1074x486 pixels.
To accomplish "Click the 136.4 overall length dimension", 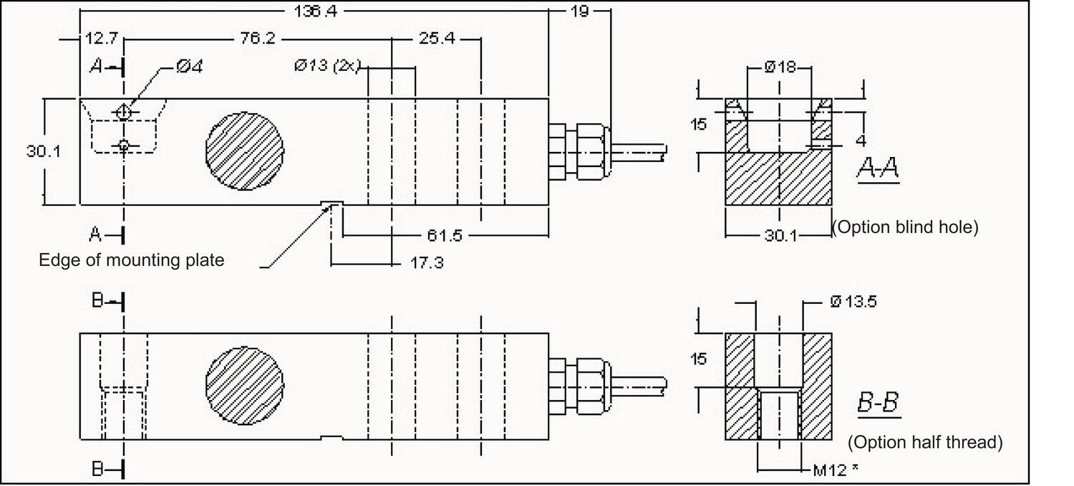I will (315, 11).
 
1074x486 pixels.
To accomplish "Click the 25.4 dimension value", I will (437, 39).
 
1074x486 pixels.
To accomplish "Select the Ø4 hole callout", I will (189, 66).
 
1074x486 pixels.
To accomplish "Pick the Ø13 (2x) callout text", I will (326, 66).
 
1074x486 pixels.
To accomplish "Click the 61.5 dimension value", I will (444, 234).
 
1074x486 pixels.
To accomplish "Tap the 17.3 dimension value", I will (427, 263).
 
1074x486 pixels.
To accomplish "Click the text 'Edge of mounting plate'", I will (131, 259).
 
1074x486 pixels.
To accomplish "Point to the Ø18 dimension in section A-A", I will (780, 67).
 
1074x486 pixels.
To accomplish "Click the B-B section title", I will (878, 404).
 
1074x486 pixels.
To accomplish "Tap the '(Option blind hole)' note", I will (905, 228).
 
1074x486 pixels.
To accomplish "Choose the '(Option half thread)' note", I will (925, 442).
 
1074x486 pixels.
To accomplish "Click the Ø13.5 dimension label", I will (853, 302).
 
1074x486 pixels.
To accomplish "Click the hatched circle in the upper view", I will (244, 151).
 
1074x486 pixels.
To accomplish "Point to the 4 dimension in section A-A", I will (861, 141).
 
